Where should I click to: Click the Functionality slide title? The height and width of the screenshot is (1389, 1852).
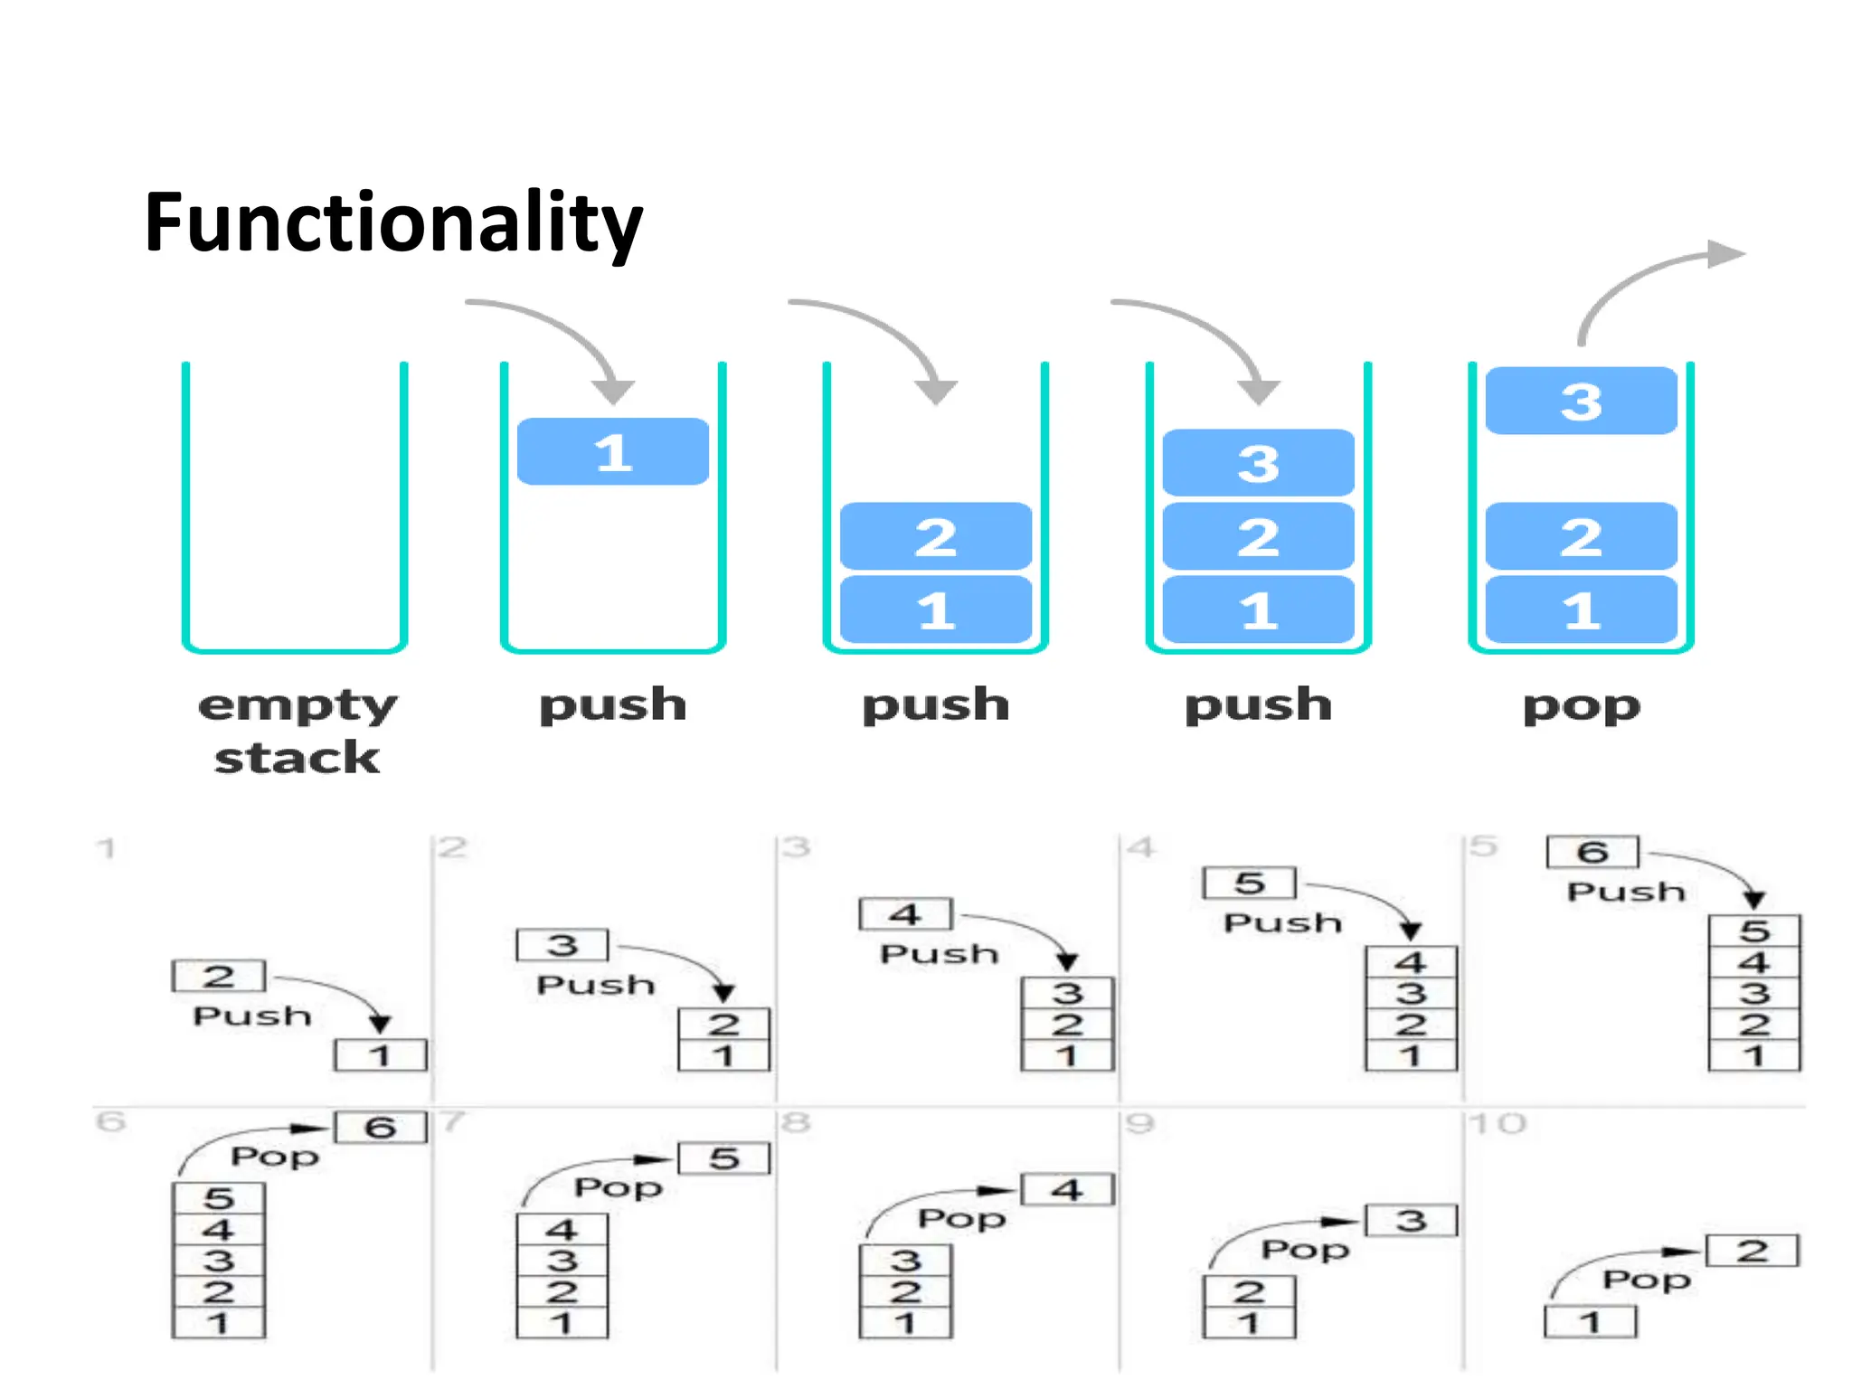(393, 223)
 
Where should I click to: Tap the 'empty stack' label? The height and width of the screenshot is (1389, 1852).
(297, 731)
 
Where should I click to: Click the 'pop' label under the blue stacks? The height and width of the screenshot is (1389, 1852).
(1581, 705)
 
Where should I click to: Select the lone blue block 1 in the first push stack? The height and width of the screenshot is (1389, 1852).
(613, 452)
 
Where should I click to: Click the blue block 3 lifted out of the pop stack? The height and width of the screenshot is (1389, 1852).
(1581, 401)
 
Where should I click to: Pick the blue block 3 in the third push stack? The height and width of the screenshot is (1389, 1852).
(1258, 463)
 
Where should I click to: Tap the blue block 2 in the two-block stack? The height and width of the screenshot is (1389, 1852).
(935, 536)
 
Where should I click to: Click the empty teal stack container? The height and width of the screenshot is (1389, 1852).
(295, 506)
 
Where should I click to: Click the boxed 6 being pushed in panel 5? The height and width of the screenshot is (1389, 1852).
(1592, 852)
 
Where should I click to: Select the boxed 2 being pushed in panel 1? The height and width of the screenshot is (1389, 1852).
(218, 976)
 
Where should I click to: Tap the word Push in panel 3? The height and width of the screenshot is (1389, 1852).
(939, 954)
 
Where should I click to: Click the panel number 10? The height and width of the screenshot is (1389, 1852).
(1498, 1124)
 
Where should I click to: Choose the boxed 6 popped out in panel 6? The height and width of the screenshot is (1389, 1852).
(380, 1128)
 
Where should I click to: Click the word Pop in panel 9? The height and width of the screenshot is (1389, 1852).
(1305, 1250)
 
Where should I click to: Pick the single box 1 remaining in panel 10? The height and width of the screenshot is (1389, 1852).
(1591, 1323)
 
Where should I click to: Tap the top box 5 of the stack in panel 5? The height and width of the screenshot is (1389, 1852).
(1754, 931)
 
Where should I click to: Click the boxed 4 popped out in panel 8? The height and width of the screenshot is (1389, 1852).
(1067, 1190)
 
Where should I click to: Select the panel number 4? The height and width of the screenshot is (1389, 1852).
(1141, 848)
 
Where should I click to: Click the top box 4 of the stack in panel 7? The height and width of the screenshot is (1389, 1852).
(562, 1230)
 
